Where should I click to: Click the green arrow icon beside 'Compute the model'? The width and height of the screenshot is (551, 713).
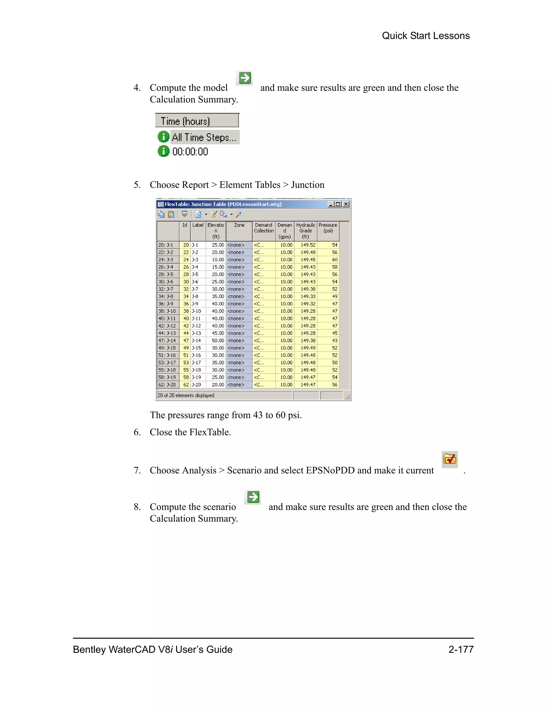[245, 78]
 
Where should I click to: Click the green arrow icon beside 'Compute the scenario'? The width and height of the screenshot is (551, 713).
[253, 497]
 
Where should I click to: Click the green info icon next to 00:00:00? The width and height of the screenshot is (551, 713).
[164, 151]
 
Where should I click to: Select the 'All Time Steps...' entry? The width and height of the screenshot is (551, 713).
[204, 137]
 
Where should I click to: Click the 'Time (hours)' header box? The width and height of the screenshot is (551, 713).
[197, 121]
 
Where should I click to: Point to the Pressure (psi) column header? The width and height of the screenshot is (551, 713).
[328, 228]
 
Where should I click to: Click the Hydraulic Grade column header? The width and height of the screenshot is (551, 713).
[306, 231]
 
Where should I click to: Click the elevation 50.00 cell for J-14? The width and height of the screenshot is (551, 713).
[218, 341]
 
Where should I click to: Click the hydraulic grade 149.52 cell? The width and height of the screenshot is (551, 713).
[308, 245]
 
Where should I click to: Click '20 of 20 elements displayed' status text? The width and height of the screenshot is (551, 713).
[186, 395]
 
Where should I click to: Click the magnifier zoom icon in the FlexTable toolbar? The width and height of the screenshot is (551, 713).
[239, 214]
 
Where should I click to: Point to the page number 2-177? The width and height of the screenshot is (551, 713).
[461, 649]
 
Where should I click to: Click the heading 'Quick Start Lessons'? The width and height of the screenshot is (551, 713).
[425, 36]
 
